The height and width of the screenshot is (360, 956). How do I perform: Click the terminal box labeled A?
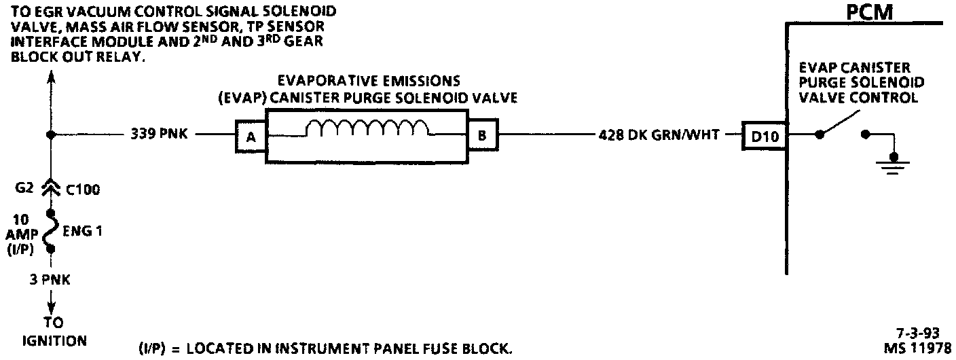coord(250,136)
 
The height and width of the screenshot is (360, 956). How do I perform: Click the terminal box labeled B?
coord(481,136)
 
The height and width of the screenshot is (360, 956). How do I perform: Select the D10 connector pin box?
coord(764,137)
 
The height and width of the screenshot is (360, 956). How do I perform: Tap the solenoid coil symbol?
coord(367,127)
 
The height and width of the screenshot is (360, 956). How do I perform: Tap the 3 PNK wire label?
coord(50,279)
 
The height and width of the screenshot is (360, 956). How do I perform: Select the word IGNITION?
coord(54,340)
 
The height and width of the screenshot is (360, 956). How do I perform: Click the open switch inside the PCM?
coord(841,129)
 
